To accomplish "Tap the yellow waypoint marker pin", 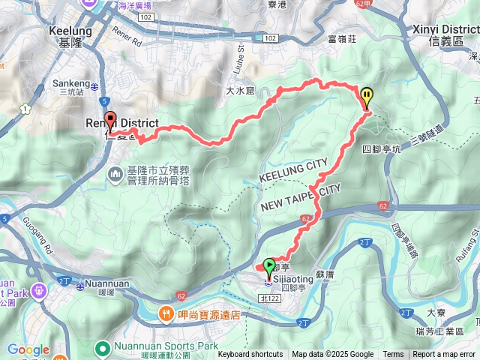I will (x=367, y=97).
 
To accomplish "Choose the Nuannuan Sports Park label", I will (x=155, y=346).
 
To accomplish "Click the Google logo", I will (x=28, y=349).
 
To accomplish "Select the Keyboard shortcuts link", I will (x=250, y=355).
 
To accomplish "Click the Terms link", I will (x=393, y=355).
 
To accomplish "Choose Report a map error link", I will (x=444, y=355).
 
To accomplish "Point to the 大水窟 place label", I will (x=241, y=89).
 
